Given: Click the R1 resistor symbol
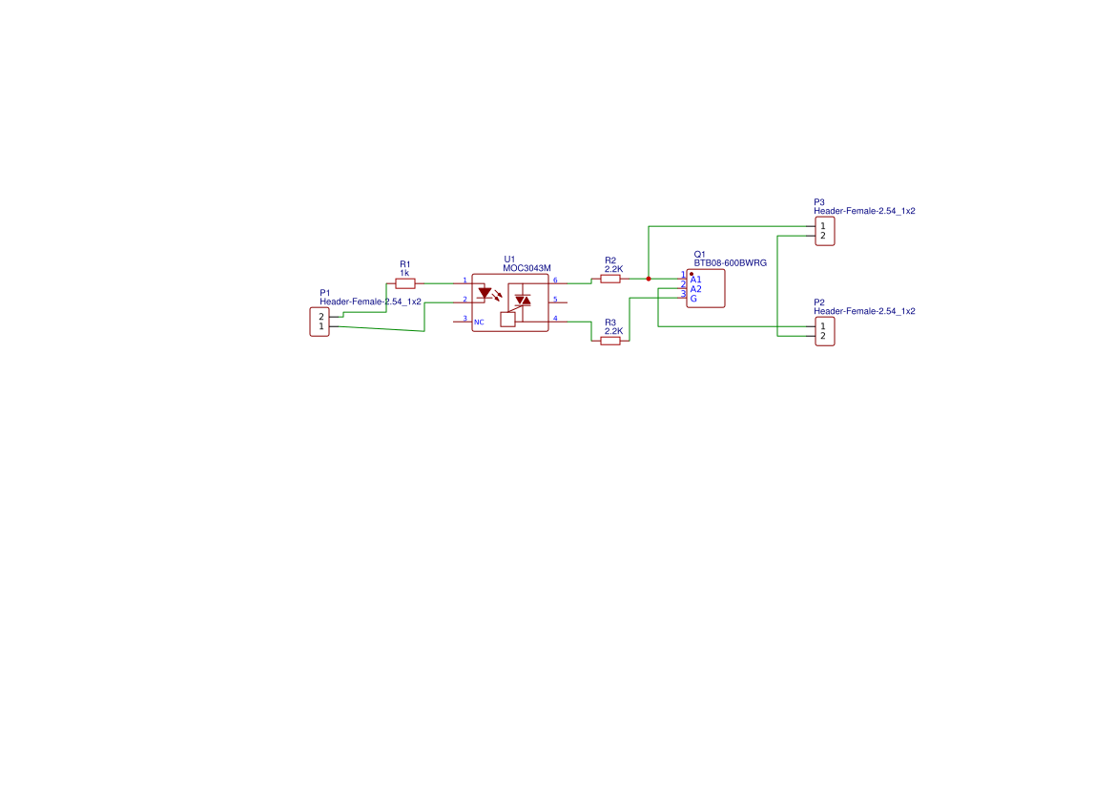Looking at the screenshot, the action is click(x=405, y=283).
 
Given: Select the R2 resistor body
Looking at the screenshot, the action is click(x=610, y=279).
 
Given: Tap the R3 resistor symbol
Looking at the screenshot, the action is click(x=610, y=342).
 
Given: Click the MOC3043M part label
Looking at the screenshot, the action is click(x=527, y=268).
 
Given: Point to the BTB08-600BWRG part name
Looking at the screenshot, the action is click(x=731, y=263).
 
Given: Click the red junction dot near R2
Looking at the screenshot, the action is click(x=649, y=279).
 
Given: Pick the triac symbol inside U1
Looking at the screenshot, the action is click(x=523, y=301).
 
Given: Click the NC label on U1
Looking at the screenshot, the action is click(x=479, y=322).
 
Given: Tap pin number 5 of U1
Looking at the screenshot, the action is click(x=555, y=300).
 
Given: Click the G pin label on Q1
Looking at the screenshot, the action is click(x=693, y=299).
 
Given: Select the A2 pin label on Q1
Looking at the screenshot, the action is click(x=695, y=289).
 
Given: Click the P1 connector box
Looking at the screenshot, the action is click(x=320, y=322).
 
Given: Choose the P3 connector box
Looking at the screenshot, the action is click(x=825, y=231).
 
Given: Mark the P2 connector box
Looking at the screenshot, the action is click(x=825, y=331).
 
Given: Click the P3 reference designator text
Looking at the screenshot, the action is click(x=819, y=202).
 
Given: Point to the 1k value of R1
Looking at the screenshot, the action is click(x=404, y=273).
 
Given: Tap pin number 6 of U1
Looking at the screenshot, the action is click(x=555, y=281).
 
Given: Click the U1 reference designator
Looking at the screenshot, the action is click(x=509, y=260).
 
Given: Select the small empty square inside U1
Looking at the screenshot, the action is click(x=507, y=320).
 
